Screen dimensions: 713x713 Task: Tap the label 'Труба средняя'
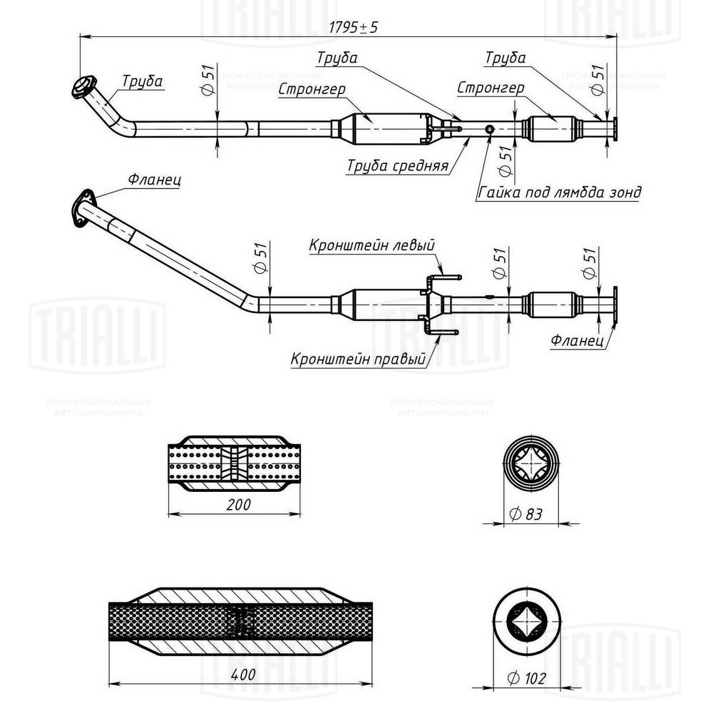point(397,166)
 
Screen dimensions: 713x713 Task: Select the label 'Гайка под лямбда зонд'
point(559,192)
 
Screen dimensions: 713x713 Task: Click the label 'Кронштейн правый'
point(358,359)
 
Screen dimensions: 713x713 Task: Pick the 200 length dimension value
point(240,505)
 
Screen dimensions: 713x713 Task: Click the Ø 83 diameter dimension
point(529,512)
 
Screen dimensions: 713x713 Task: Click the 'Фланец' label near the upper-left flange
point(154,180)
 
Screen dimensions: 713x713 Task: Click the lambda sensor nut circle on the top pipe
point(490,129)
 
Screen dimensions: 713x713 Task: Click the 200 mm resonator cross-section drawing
point(234,463)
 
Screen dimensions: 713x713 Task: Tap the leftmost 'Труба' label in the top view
point(142,81)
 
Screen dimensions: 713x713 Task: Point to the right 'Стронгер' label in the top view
point(491,87)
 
